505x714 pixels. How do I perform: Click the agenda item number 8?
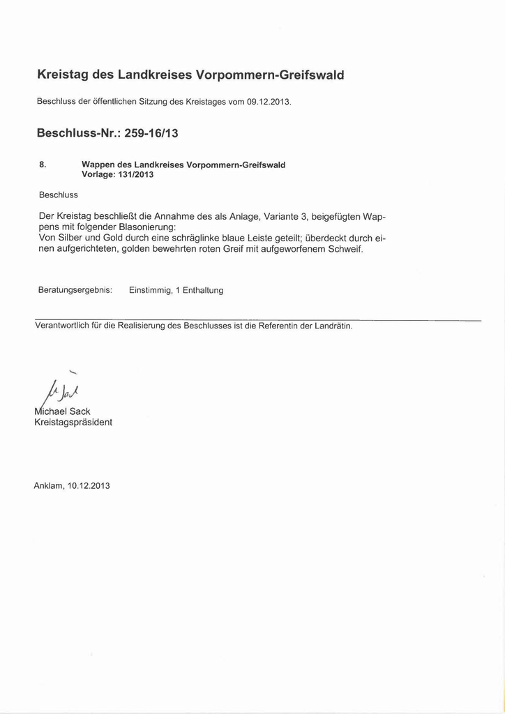43,165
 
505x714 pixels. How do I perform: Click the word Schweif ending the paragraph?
345,249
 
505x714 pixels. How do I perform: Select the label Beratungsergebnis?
75,290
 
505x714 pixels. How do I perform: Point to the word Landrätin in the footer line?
331,326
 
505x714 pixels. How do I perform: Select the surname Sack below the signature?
80,411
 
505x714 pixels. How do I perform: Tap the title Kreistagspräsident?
73,423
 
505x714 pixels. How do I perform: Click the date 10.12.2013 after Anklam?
89,485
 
